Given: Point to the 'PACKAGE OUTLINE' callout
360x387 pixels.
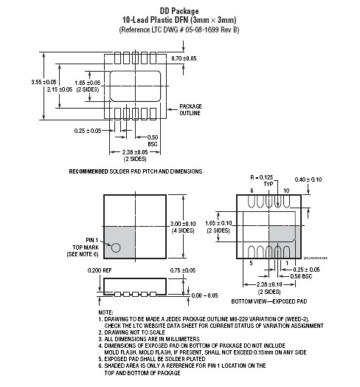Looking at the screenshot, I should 190,109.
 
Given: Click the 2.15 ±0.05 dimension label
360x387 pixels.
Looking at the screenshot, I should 60,89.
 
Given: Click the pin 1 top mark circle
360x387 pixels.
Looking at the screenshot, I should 116,247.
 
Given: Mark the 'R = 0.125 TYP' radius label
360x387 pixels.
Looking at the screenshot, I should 262,182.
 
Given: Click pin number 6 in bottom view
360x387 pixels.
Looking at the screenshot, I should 252,190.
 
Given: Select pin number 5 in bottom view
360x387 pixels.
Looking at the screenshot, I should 251,262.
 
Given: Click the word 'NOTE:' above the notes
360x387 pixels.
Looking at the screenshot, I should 105,312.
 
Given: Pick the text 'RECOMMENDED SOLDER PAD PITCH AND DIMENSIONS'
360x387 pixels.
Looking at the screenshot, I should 135,171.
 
